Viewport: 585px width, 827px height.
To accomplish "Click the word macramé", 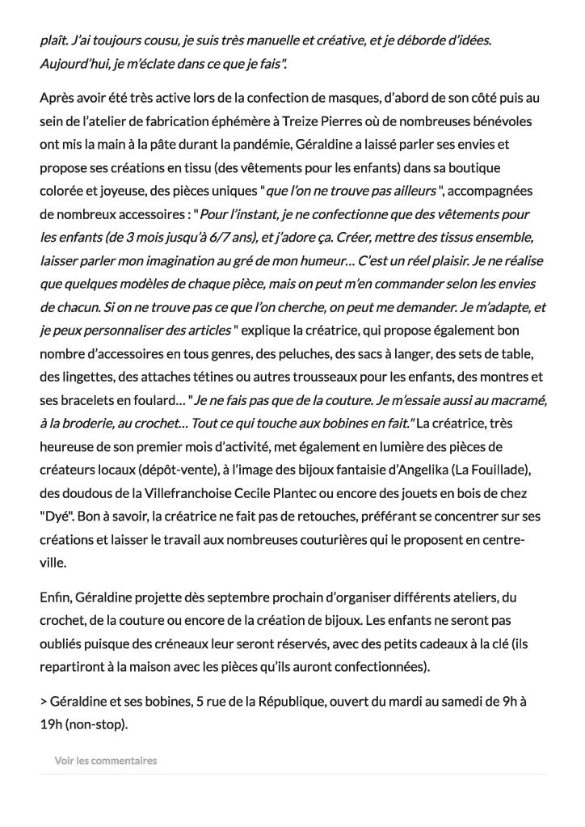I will (515, 400).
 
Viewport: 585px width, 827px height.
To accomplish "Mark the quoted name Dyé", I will (54, 517).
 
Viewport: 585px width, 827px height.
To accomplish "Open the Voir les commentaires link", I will (105, 761).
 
